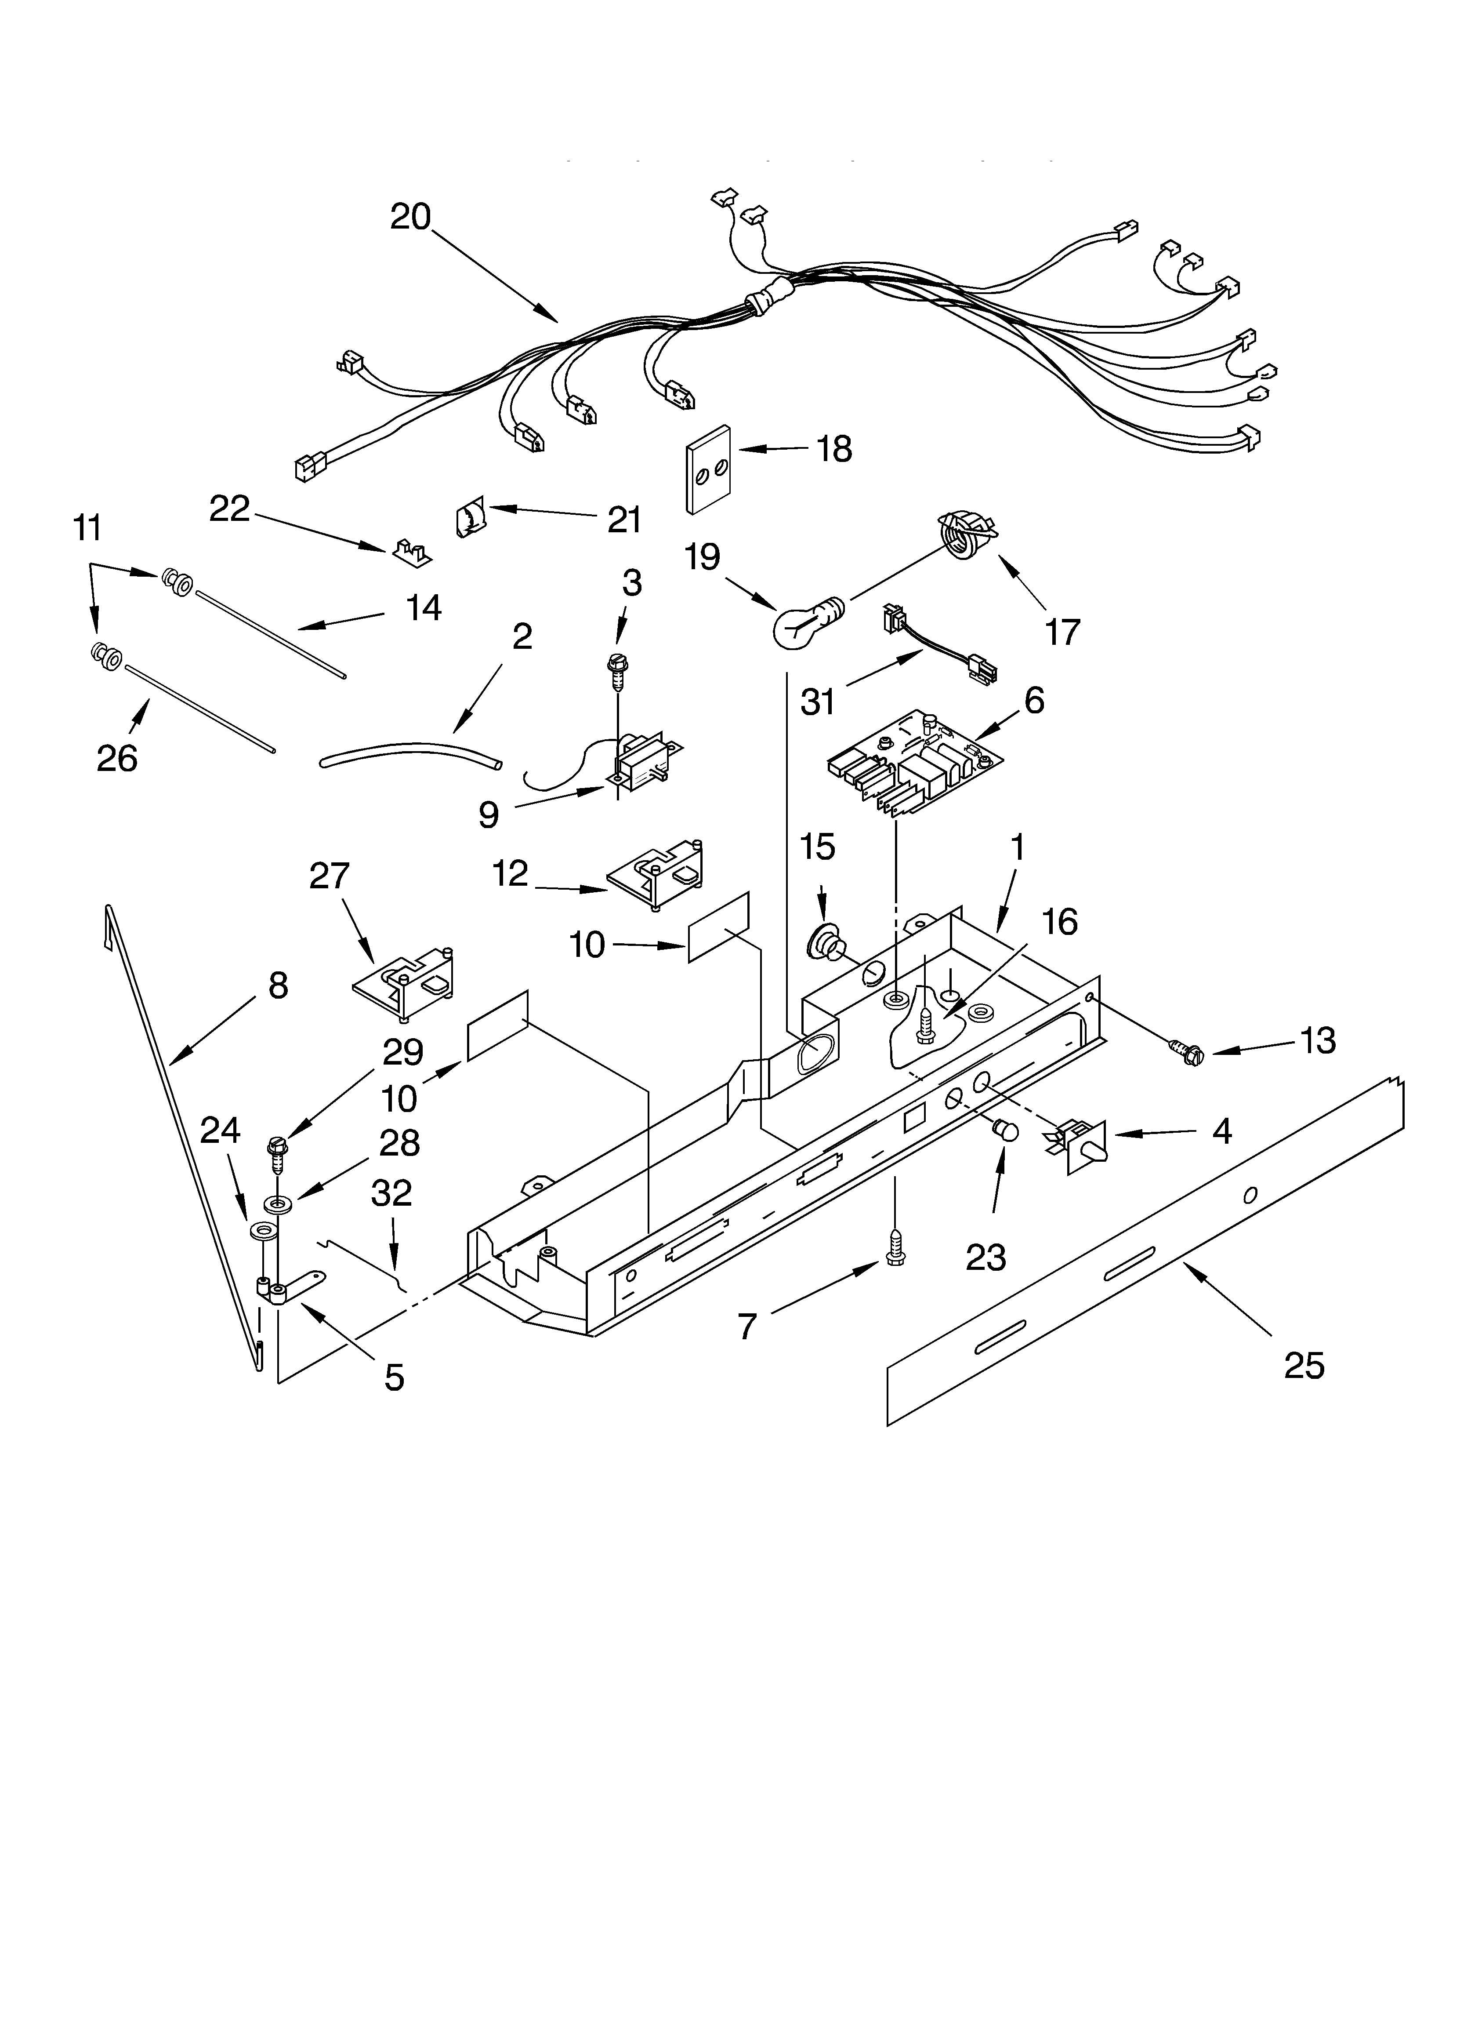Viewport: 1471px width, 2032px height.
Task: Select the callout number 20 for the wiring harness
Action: click(410, 217)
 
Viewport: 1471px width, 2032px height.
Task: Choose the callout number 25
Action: click(1304, 1365)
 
